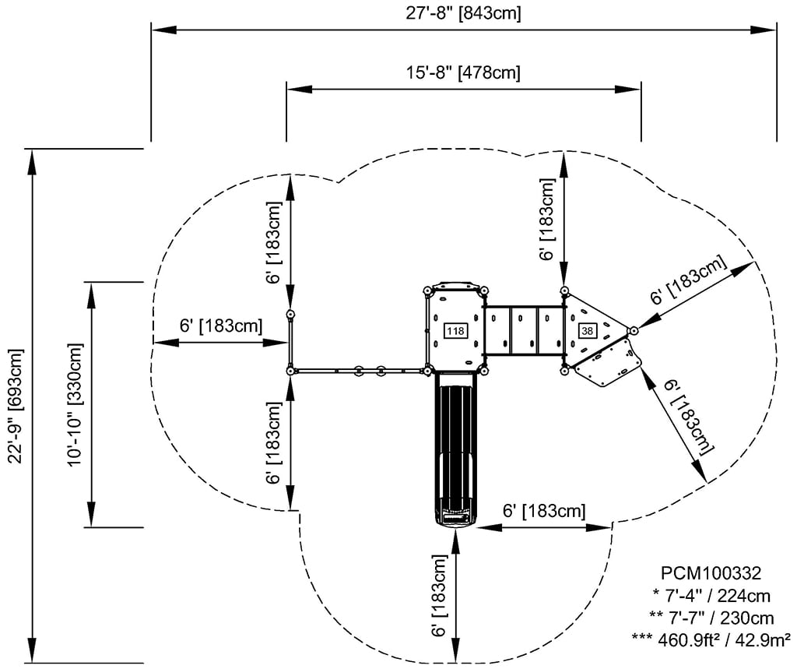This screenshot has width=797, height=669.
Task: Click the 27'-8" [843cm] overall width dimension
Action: [463, 12]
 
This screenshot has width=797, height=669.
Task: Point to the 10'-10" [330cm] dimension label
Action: [75, 405]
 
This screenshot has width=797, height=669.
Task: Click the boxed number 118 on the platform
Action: [455, 331]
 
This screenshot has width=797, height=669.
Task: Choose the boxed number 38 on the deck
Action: [586, 331]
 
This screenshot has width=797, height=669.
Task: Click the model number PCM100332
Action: [706, 573]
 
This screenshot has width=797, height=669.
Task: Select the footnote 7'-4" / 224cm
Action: [711, 596]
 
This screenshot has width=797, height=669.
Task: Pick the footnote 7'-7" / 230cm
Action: [711, 618]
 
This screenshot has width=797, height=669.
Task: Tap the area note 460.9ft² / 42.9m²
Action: [711, 639]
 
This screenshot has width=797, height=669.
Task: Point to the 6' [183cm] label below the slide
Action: [441, 596]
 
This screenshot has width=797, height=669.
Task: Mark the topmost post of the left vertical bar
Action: [290, 315]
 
